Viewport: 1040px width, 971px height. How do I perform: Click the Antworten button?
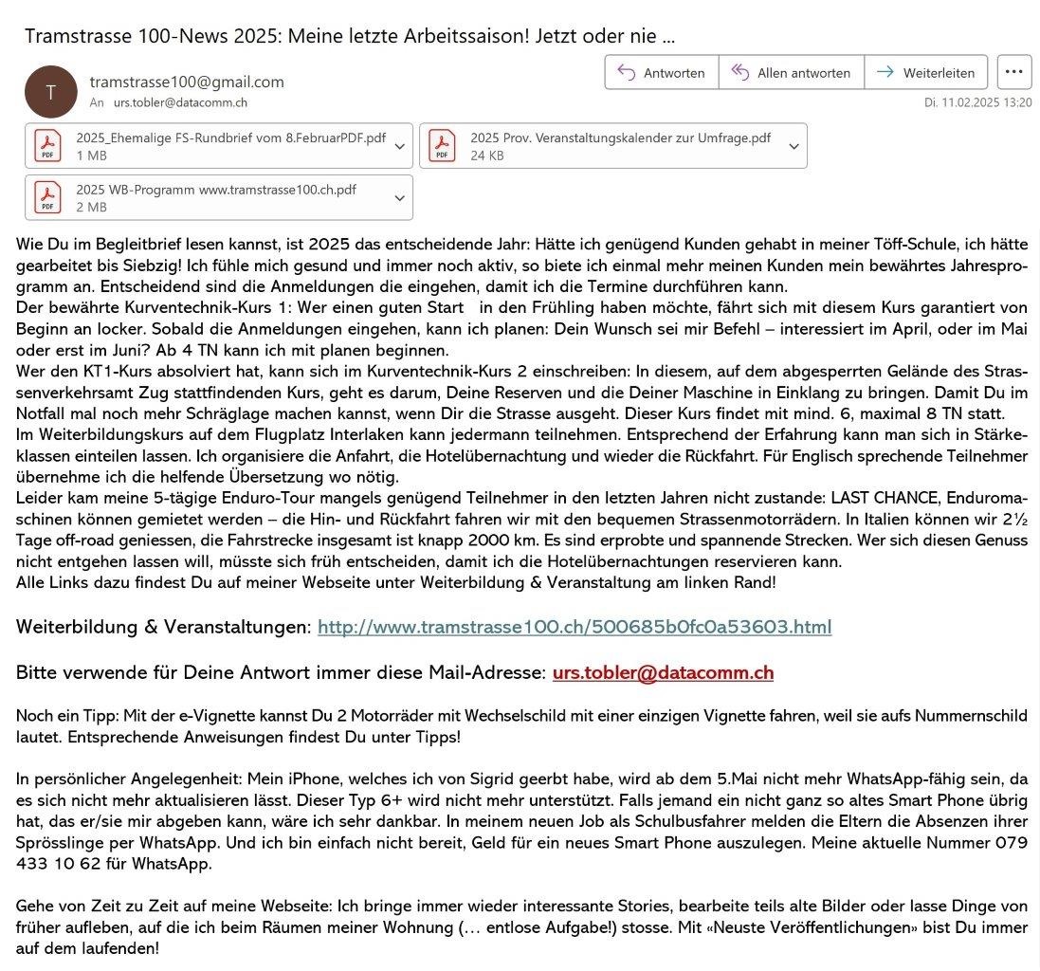pyautogui.click(x=661, y=73)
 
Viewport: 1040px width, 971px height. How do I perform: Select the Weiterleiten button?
pyautogui.click(x=926, y=73)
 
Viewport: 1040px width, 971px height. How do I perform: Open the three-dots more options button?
pyautogui.click(x=1014, y=72)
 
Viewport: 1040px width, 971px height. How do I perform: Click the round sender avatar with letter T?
pyautogui.click(x=50, y=91)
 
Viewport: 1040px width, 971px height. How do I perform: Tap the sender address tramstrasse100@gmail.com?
pyautogui.click(x=187, y=82)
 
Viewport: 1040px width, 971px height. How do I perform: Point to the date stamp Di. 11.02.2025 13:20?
pyautogui.click(x=978, y=102)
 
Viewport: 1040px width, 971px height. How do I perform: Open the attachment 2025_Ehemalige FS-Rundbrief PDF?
pyautogui.click(x=218, y=145)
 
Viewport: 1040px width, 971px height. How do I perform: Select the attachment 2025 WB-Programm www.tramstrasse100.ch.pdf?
pyautogui.click(x=218, y=197)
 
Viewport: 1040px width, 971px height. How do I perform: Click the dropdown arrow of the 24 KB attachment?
pyautogui.click(x=794, y=146)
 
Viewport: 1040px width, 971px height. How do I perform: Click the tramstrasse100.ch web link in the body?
pyautogui.click(x=575, y=627)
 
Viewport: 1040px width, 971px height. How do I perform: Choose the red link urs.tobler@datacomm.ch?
pyautogui.click(x=663, y=672)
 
